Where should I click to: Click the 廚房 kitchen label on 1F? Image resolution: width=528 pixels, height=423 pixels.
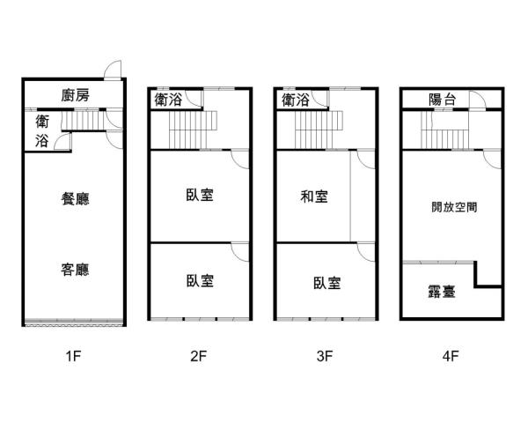(76, 95)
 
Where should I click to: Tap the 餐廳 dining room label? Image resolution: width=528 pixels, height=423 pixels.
(75, 198)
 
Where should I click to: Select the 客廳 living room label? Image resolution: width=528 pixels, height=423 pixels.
(75, 270)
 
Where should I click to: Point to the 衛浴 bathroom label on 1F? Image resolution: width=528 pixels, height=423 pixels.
(42, 131)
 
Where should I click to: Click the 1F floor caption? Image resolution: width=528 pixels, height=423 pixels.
(73, 356)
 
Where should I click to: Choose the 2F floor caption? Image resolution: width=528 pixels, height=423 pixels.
(198, 356)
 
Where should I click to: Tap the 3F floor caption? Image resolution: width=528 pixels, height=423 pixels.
(325, 356)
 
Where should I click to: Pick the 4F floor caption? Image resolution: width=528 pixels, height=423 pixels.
(451, 356)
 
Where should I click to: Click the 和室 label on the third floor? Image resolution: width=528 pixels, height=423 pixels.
(314, 197)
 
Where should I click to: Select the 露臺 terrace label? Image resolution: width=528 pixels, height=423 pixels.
(442, 292)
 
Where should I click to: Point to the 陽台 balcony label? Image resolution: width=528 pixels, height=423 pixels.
(442, 100)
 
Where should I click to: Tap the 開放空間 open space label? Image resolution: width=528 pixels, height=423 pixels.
(454, 207)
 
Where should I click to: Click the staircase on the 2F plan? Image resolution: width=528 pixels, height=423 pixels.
(193, 130)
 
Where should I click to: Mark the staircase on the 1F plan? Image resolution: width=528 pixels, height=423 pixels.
(84, 121)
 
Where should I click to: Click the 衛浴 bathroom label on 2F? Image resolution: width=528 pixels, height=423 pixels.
(168, 100)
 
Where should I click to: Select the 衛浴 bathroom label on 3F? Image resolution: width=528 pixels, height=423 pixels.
(296, 100)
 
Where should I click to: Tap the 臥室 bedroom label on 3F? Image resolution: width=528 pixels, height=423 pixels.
(326, 283)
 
